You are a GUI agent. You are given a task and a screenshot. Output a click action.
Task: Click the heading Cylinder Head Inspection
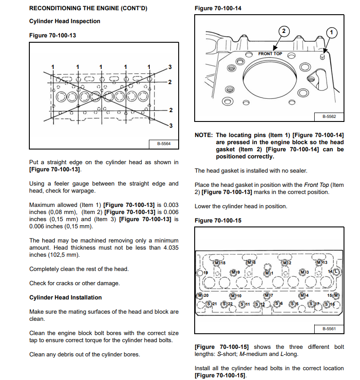click(x=65, y=21)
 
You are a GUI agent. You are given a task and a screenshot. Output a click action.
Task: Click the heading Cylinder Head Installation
click(x=65, y=297)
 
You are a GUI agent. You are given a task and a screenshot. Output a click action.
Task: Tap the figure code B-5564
click(x=164, y=143)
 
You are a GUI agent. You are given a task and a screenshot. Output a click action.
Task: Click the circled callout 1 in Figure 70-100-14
click(x=331, y=32)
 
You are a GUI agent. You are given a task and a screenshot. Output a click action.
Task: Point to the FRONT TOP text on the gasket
click(x=270, y=54)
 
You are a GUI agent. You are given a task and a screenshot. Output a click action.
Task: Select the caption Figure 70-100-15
click(x=218, y=221)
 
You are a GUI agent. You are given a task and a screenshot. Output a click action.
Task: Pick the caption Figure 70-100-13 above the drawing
click(x=52, y=36)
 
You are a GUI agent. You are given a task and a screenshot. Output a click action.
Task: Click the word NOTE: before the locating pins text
click(x=204, y=135)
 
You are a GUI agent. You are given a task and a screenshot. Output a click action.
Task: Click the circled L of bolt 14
click(x=336, y=271)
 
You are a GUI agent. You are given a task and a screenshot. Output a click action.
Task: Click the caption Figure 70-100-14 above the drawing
click(x=218, y=8)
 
